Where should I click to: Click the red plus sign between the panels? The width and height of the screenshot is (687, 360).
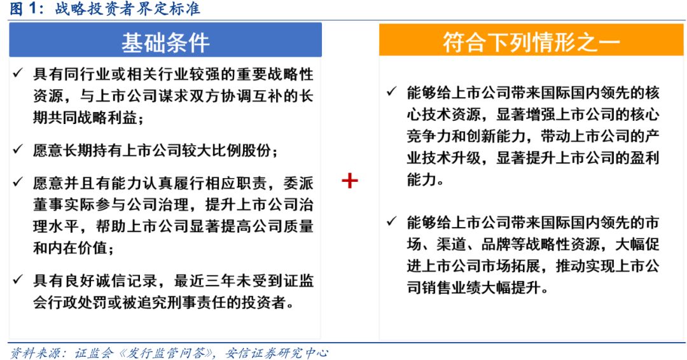pyautogui.click(x=350, y=181)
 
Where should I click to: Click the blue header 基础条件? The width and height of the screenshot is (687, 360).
pyautogui.click(x=165, y=43)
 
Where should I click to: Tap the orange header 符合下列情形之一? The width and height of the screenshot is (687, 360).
pyautogui.click(x=531, y=43)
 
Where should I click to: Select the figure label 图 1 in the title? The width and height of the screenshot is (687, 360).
pyautogui.click(x=24, y=8)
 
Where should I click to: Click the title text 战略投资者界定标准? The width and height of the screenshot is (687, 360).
pyautogui.click(x=127, y=8)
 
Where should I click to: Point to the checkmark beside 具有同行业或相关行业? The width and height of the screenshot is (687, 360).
pyautogui.click(x=18, y=73)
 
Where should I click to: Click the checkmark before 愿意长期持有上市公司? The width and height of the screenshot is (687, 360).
pyautogui.click(x=18, y=149)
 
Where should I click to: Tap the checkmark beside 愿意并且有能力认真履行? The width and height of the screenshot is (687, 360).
pyautogui.click(x=18, y=182)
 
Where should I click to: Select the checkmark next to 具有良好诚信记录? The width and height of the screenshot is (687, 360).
pyautogui.click(x=18, y=279)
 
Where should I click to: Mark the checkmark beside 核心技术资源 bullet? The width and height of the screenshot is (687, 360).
pyautogui.click(x=392, y=92)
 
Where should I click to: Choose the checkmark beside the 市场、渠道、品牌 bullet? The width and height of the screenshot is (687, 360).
pyautogui.click(x=392, y=221)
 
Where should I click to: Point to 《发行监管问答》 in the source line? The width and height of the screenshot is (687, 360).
pyautogui.click(x=165, y=353)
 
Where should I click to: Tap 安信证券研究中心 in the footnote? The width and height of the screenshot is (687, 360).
pyautogui.click(x=277, y=353)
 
